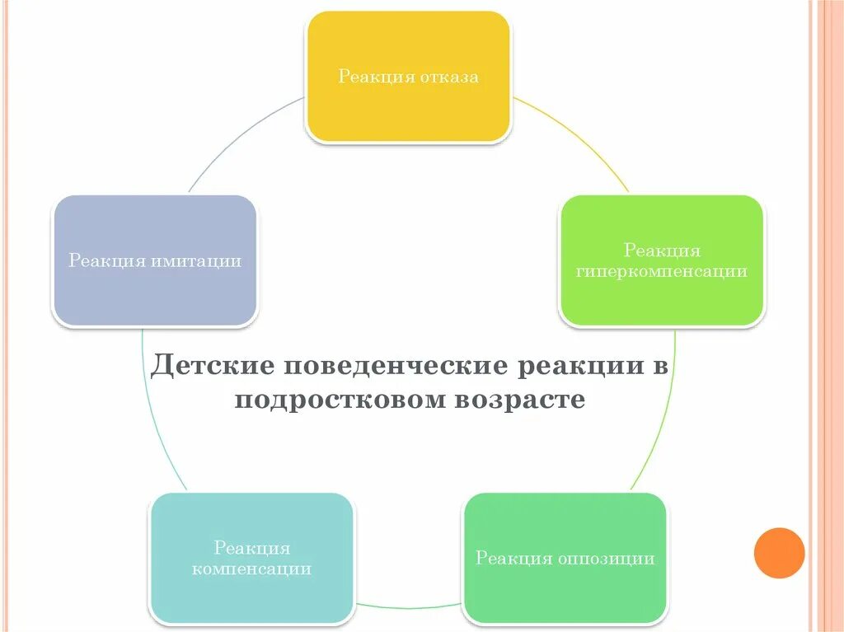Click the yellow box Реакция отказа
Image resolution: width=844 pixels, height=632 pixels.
pos(408,77)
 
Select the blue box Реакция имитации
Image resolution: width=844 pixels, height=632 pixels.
pos(155,261)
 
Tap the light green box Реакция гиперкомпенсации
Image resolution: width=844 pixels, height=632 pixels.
pos(662,261)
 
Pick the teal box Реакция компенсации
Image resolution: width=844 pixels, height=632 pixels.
pos(251,558)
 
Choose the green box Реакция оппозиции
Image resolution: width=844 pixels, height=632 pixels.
pos(565,558)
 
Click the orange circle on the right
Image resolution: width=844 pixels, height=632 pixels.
pos(779,553)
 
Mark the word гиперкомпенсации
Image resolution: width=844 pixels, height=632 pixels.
pos(662,272)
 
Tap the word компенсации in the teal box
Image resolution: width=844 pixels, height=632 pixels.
pos(251,569)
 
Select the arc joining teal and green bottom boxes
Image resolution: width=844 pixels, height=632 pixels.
pos(408,608)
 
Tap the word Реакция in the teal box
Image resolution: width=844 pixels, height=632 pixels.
pos(251,548)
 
